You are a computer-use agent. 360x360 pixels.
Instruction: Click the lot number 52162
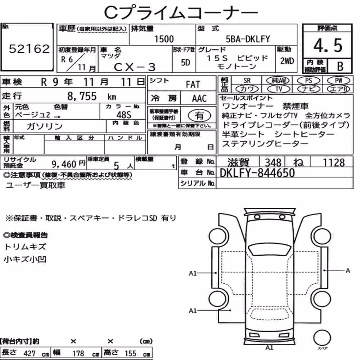tap(29, 49)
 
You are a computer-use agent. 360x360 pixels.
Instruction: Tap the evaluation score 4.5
tap(328, 45)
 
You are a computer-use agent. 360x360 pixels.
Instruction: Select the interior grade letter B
tap(340, 66)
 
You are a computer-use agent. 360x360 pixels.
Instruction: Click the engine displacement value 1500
tap(164, 39)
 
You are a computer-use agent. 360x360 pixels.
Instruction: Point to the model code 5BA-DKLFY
tap(248, 39)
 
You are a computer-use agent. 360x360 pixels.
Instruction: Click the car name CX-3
tap(135, 67)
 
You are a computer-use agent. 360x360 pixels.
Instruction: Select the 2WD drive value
tap(287, 61)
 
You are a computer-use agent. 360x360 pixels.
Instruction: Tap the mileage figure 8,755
tap(82, 96)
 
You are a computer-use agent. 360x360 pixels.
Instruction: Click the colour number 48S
tap(124, 115)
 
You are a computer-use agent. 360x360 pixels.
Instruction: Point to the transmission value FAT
tap(193, 85)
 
